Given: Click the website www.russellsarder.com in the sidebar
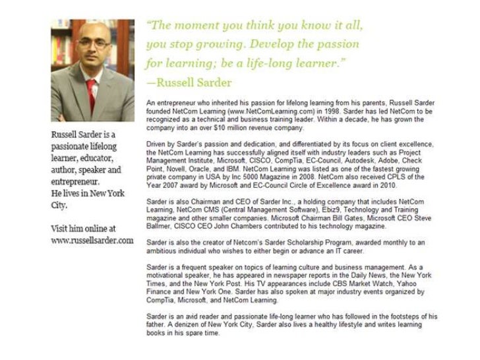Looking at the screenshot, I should [x=92, y=240].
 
